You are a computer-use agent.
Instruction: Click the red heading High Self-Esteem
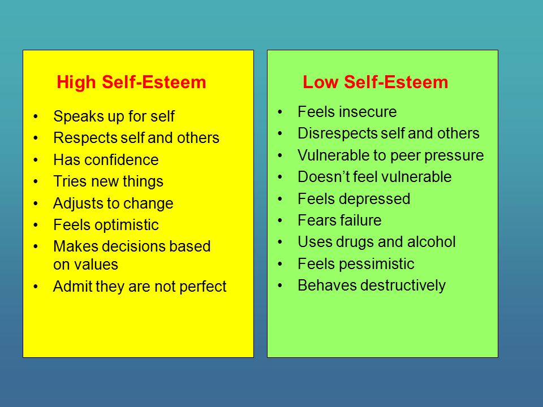pos(131,83)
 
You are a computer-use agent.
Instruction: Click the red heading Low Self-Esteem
pos(376,83)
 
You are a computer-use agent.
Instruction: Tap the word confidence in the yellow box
pos(121,160)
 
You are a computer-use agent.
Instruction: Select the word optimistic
pos(127,226)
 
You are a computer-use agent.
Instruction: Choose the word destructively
pos(403,285)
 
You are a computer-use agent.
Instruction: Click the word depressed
pos(374,199)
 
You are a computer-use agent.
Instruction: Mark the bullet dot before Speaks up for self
pos(36,116)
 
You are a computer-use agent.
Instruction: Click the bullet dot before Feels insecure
pos(280,112)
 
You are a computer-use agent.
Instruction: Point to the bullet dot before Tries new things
pos(36,181)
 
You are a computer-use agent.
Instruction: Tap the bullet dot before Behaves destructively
pos(280,285)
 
